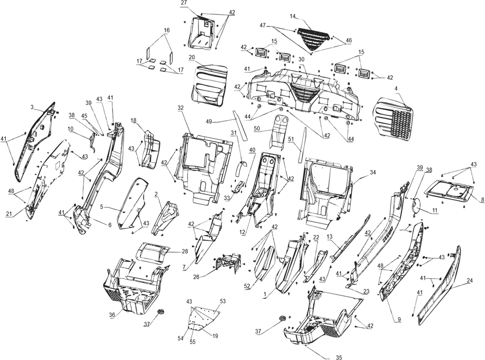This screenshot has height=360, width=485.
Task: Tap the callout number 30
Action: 301,59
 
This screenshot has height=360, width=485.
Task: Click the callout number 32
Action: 181,108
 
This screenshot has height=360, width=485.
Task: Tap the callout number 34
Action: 373,172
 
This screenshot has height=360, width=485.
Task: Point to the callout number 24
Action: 470,281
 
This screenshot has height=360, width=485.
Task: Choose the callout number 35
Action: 339,358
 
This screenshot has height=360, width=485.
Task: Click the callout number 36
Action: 112,315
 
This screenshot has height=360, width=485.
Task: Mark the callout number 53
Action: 223,301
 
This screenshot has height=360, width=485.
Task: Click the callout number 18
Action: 133,120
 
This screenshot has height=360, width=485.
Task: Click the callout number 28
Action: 185,252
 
